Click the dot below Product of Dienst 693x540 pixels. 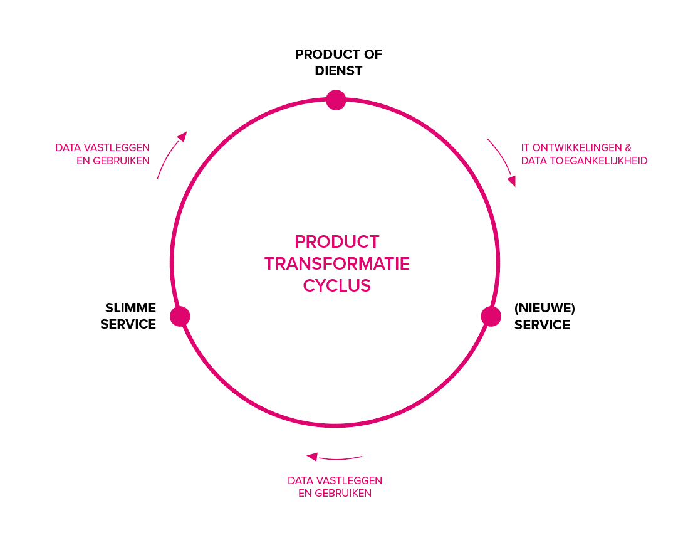336,100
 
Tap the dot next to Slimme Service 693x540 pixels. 180,316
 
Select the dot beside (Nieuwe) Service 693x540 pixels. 491,316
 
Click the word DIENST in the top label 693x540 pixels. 338,71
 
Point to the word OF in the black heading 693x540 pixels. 373,55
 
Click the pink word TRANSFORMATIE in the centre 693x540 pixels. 336,263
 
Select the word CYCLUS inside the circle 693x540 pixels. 336,286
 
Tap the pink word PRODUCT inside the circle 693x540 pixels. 336,242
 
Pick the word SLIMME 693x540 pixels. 131,308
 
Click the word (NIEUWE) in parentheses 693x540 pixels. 544,308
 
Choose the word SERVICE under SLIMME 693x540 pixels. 128,324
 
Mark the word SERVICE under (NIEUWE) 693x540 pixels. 542,325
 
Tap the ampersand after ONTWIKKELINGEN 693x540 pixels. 628,148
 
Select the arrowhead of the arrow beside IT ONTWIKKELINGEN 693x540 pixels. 512,181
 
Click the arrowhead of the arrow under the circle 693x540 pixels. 312,457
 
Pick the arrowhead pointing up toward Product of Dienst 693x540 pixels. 182,136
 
